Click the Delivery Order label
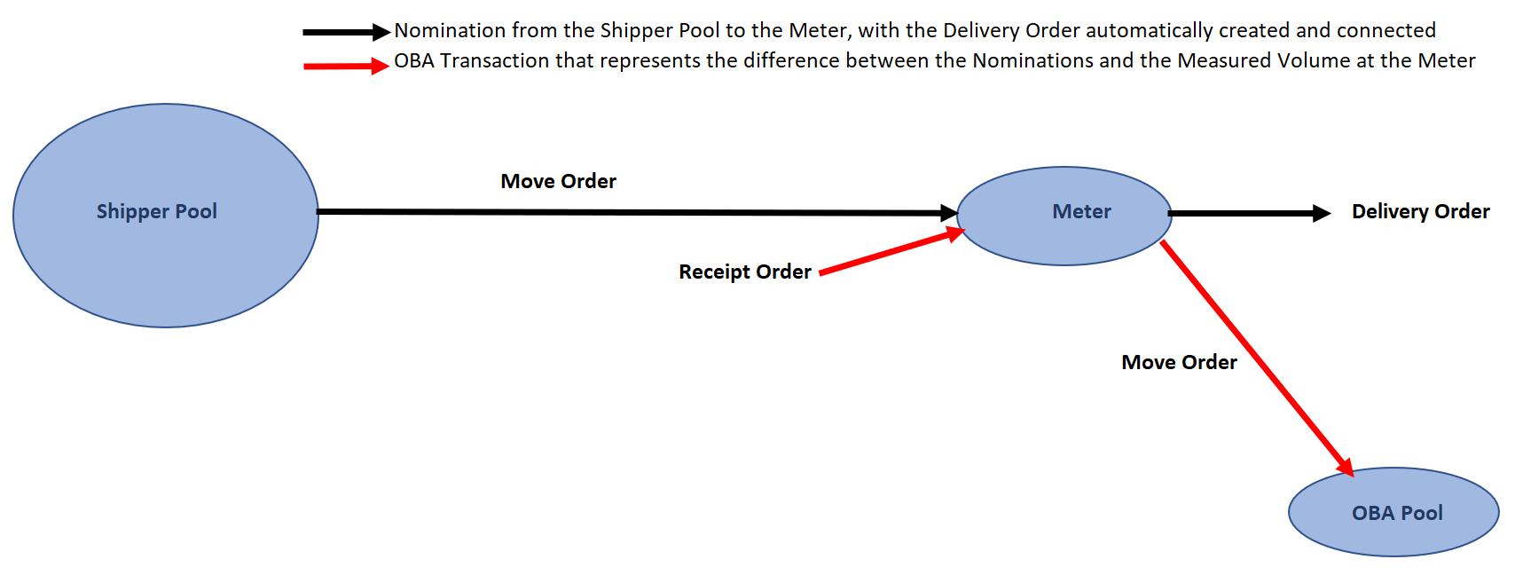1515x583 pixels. click(x=1420, y=212)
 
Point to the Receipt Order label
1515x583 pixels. click(x=745, y=272)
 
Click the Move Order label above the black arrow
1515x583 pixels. click(x=558, y=182)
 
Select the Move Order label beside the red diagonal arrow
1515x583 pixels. click(x=1179, y=362)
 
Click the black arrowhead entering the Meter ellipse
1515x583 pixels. click(x=948, y=213)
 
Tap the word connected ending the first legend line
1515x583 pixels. click(x=1385, y=31)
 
